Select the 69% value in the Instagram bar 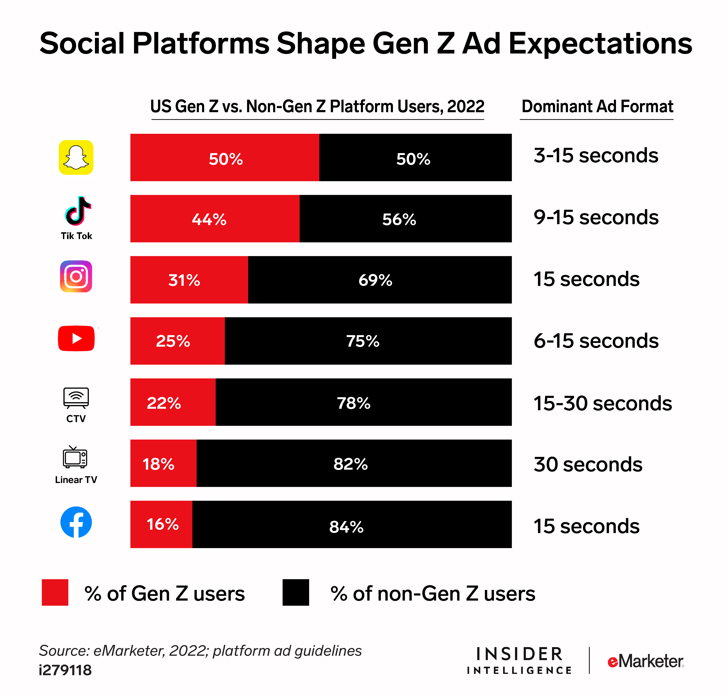click(375, 280)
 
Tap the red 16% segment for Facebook click(162, 524)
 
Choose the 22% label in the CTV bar click(164, 403)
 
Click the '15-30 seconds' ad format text click(602, 403)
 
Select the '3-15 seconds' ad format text click(595, 155)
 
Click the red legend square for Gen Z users click(55, 592)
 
